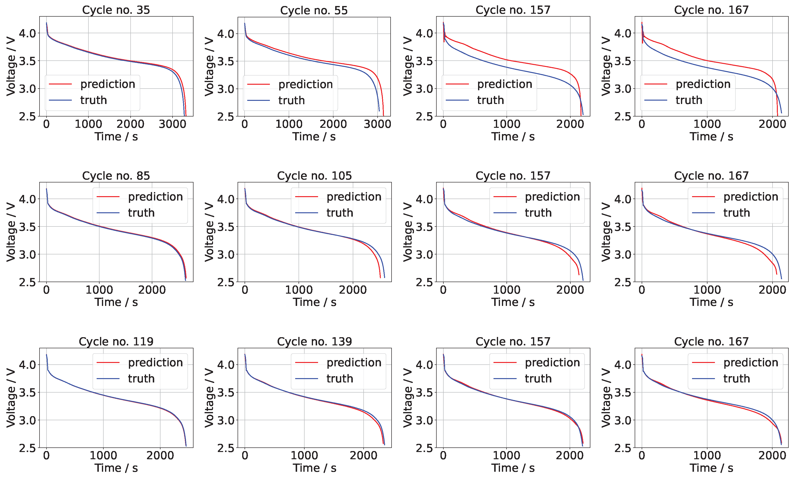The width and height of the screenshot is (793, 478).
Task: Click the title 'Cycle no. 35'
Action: tap(116, 10)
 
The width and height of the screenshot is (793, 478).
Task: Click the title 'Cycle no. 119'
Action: tap(116, 341)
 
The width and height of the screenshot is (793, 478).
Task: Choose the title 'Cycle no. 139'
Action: tap(314, 341)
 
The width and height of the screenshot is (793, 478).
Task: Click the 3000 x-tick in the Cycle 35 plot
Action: tap(172, 124)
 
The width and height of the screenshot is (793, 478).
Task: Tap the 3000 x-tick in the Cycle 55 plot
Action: tap(377, 124)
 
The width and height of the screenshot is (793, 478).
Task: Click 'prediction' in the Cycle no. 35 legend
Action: tap(108, 84)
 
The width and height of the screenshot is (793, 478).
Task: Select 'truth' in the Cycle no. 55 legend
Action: tap(292, 100)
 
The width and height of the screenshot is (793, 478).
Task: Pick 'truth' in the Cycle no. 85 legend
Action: tap(141, 213)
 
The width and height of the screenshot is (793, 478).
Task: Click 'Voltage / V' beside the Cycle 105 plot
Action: tap(209, 232)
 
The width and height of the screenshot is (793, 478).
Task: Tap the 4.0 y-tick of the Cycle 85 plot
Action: tap(28, 199)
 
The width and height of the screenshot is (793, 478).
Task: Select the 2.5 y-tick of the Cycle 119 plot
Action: tap(28, 448)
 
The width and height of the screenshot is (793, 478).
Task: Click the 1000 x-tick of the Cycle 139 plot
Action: tap(304, 456)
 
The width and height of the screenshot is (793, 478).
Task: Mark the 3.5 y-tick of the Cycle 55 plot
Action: tap(226, 61)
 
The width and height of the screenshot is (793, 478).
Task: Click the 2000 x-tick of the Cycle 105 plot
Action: tap(353, 290)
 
